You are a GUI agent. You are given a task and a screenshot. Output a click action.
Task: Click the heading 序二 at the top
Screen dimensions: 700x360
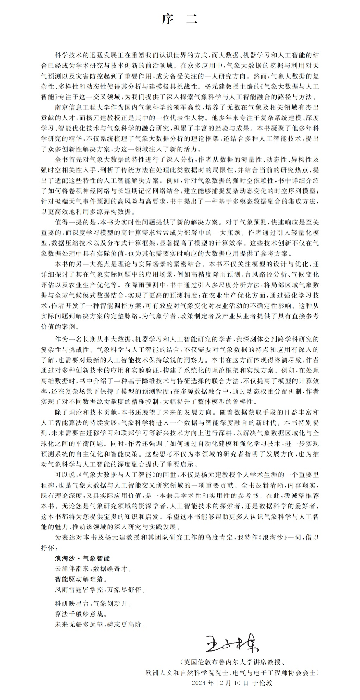(180, 20)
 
